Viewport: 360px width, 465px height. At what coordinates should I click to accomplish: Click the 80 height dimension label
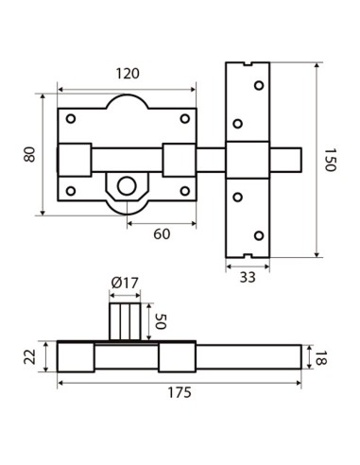point(29,153)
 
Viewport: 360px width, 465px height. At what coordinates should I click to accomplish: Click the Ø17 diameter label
point(125,283)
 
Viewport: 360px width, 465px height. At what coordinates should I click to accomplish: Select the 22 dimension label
point(28,356)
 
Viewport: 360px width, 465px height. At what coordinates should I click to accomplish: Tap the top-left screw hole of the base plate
point(71,119)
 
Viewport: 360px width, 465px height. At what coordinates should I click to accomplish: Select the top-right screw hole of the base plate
point(184,119)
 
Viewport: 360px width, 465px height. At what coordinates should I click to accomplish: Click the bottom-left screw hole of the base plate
point(71,191)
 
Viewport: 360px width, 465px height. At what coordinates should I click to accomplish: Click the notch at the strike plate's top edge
point(248,65)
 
